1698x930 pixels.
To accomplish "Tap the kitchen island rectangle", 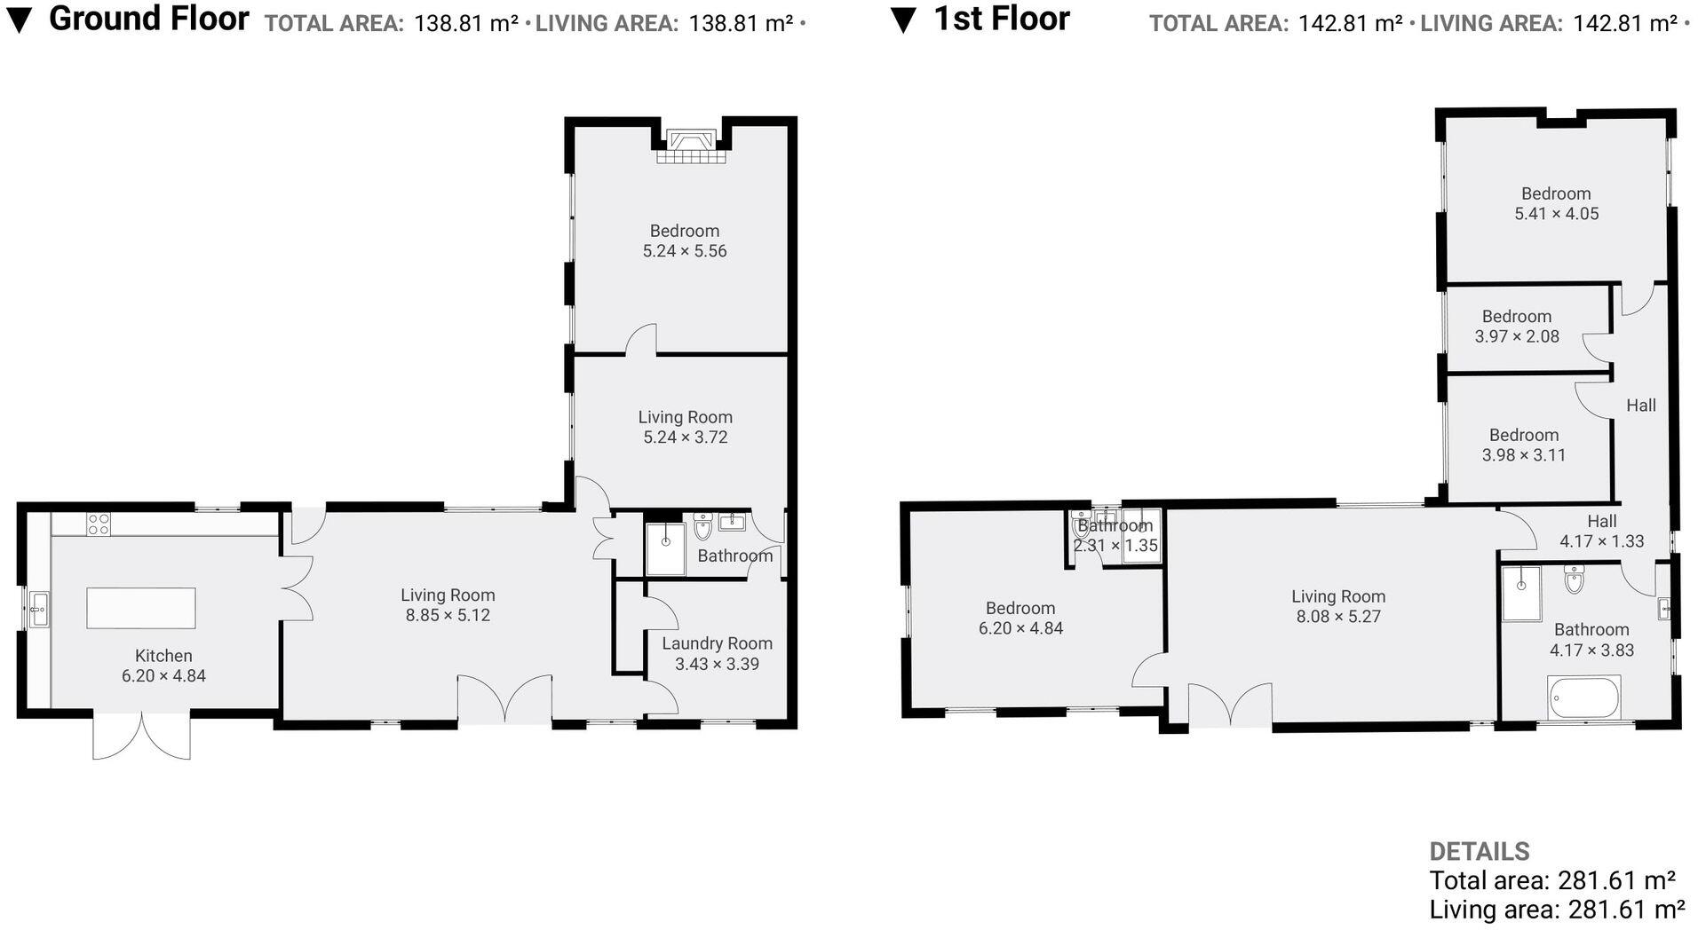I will [140, 608].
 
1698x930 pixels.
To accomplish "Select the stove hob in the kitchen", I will [99, 524].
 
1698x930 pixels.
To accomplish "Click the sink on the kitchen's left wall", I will [38, 610].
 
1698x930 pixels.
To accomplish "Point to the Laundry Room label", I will [717, 643].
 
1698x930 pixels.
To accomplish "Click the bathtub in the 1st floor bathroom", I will [1583, 698].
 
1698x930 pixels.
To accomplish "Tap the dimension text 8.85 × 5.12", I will [448, 615].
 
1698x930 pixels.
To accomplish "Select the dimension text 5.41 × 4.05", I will [1556, 214].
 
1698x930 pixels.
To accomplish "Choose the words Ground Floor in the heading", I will [148, 19].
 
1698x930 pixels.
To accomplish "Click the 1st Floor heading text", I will [1001, 19].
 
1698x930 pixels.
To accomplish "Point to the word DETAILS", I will [1479, 851].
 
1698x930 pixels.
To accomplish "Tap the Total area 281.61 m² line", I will [1551, 880].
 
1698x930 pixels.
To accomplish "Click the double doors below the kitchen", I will [141, 735].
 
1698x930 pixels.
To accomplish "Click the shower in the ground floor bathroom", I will [665, 548].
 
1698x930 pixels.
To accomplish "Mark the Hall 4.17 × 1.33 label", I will [1601, 531].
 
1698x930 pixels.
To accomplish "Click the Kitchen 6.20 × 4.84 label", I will [163, 665].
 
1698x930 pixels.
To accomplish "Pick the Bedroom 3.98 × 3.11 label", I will [1523, 445].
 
